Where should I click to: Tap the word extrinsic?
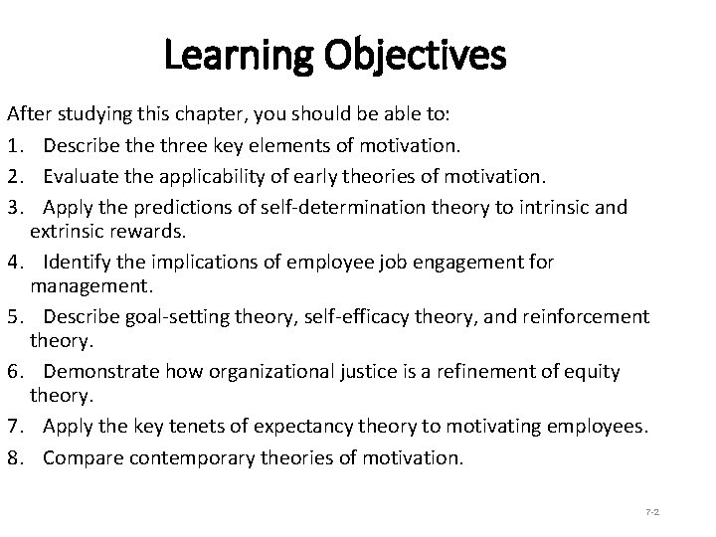(69, 232)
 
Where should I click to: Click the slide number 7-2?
(653, 511)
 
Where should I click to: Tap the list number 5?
(12, 316)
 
